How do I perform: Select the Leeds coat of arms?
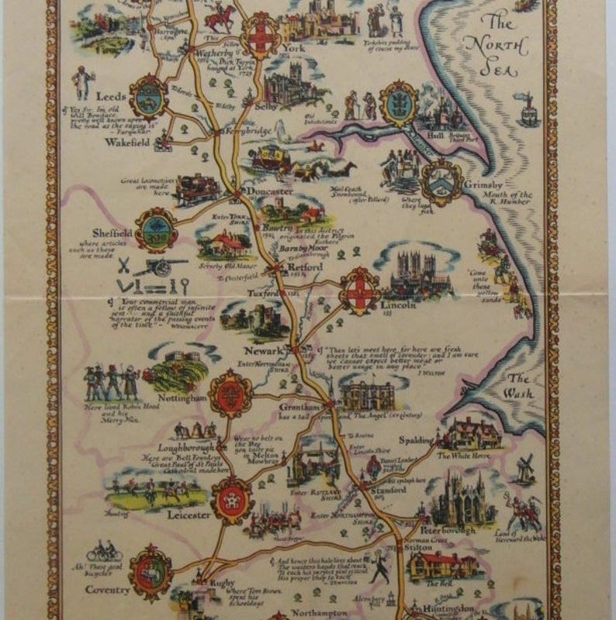pyautogui.click(x=148, y=96)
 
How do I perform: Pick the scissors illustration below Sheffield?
pyautogui.click(x=123, y=265)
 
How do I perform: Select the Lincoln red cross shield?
pyautogui.click(x=360, y=291)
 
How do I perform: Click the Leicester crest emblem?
pyautogui.click(x=232, y=500)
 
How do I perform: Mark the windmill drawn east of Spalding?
pyautogui.click(x=525, y=469)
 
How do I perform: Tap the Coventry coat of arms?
pyautogui.click(x=151, y=573)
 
